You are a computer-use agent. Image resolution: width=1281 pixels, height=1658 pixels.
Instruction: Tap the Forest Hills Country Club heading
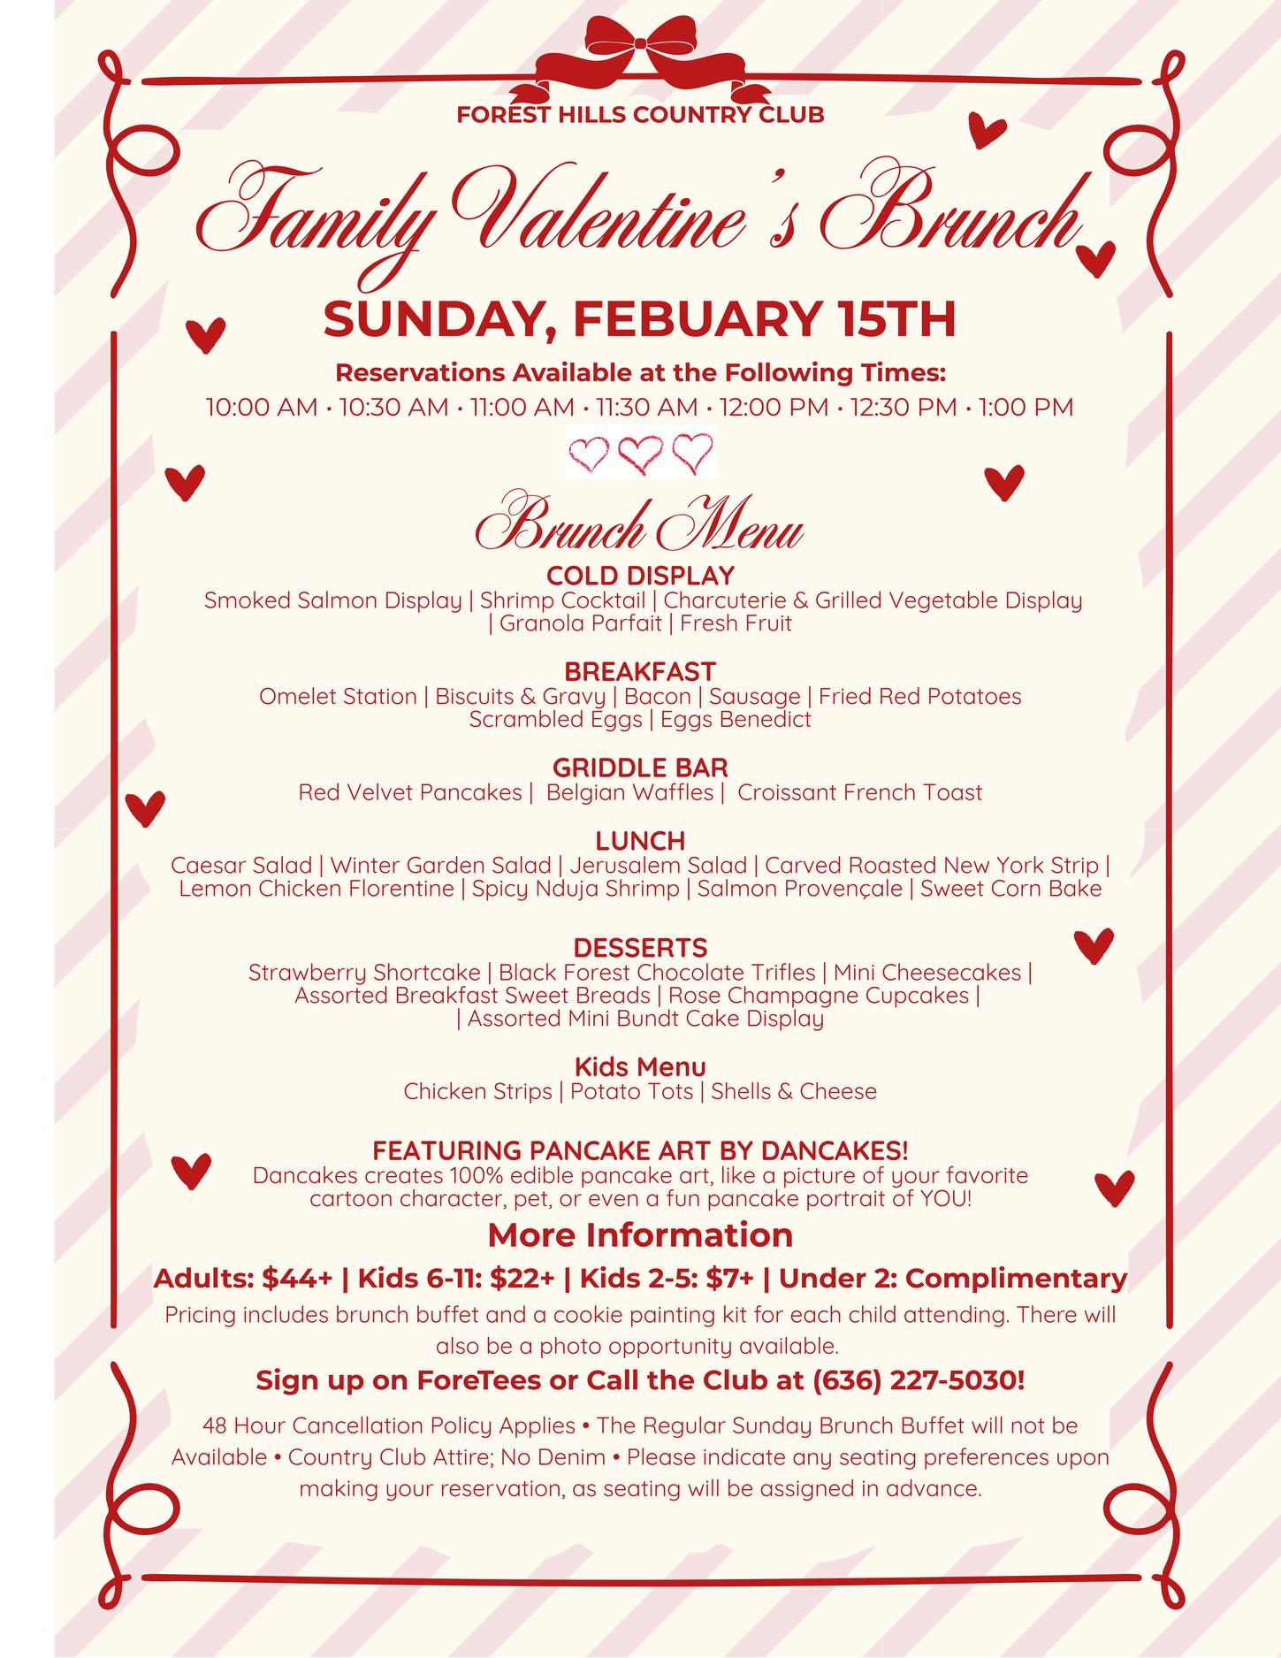pos(640,115)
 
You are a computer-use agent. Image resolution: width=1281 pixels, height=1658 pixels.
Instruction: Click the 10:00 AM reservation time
pos(261,408)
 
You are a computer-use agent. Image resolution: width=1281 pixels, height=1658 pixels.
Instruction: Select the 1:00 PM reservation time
pos(1026,408)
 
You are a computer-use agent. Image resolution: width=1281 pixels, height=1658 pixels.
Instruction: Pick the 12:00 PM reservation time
pos(774,408)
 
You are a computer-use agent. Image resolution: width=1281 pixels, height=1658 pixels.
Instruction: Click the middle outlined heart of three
pos(641,454)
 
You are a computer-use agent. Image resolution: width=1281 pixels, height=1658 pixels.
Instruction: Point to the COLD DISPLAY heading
pos(640,576)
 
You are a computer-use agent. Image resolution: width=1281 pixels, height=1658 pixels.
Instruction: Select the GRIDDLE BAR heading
pos(640,768)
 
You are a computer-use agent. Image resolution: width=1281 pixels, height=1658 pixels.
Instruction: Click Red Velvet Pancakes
pos(409,792)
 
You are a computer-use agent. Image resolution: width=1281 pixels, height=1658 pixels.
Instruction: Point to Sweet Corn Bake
pos(1010,889)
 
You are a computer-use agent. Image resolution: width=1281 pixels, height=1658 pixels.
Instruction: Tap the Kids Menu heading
pos(640,1067)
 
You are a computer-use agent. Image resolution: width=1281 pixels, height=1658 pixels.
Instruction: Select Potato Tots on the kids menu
pos(631,1092)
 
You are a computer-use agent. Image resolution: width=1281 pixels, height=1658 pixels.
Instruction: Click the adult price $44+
pos(297,1279)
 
